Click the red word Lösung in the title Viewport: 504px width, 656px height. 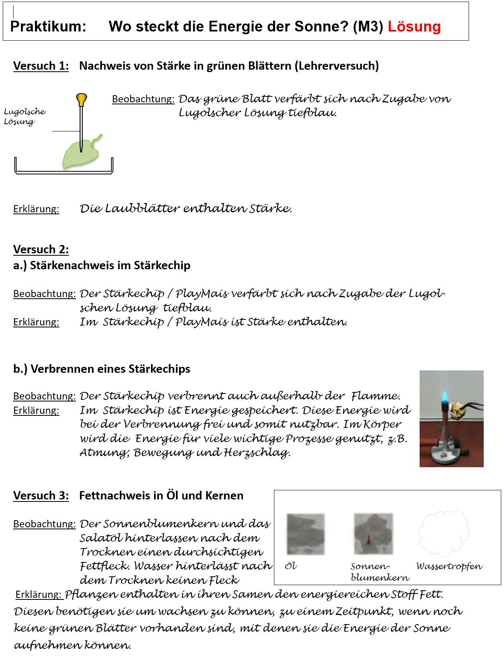point(414,27)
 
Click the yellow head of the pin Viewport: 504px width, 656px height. point(81,98)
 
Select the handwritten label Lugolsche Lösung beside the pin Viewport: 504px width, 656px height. point(24,116)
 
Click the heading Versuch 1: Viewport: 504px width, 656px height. point(41,66)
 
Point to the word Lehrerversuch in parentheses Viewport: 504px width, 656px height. point(336,66)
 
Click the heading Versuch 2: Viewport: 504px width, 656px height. point(41,249)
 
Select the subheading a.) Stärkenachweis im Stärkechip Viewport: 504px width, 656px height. point(102,265)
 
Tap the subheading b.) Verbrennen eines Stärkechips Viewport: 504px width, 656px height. point(102,369)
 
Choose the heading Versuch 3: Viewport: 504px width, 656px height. point(41,495)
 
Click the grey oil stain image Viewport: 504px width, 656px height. point(305,534)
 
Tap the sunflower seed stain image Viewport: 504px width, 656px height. point(373,534)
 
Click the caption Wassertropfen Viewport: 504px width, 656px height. point(449,566)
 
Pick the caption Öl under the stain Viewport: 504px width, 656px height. point(291,566)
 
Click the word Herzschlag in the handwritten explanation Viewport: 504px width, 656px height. point(257,453)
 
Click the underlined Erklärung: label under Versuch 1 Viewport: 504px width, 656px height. point(36,209)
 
